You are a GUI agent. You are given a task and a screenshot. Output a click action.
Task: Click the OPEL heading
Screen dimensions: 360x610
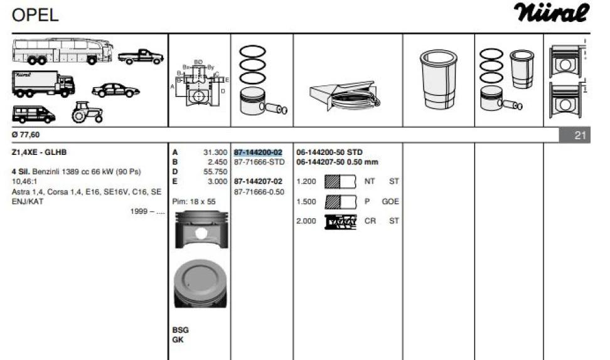35,14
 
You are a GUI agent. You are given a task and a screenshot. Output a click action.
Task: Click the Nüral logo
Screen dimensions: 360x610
552,13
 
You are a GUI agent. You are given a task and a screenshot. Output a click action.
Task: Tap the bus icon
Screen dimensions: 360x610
62,51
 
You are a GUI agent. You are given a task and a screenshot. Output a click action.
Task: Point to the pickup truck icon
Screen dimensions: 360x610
140,57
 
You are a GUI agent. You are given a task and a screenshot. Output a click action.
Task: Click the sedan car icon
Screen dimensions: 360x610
115,90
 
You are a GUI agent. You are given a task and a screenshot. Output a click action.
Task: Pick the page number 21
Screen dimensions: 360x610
579,134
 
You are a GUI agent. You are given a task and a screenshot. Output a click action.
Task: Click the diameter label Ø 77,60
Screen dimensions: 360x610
26,134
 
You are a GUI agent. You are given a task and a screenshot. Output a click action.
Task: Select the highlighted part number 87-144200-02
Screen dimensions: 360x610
258,152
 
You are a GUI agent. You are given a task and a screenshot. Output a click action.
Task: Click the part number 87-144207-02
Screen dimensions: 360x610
258,181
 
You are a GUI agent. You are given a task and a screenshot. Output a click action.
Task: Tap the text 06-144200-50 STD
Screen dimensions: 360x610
329,152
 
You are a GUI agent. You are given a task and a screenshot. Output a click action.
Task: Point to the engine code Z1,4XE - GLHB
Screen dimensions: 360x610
39,152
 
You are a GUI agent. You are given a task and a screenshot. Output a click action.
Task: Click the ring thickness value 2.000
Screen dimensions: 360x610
306,221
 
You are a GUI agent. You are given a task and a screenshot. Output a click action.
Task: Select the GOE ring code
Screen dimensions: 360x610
390,201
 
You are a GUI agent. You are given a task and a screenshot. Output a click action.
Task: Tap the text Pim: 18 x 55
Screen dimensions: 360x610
194,202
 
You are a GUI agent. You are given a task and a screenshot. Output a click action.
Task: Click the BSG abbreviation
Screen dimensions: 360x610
180,330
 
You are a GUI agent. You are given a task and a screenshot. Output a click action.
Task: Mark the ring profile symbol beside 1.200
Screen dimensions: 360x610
340,182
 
